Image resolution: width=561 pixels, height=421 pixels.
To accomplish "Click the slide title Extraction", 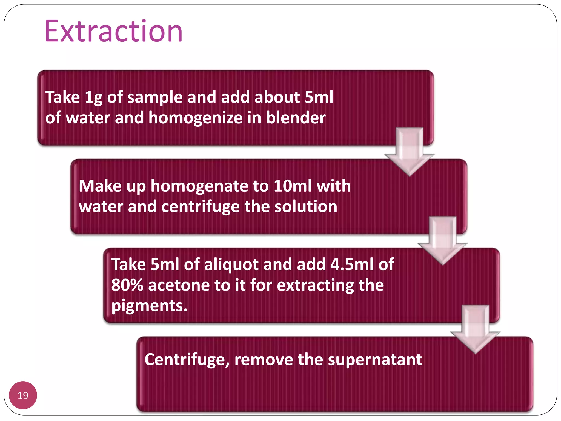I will (x=113, y=31).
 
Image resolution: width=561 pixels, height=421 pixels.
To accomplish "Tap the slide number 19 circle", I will (x=23, y=395).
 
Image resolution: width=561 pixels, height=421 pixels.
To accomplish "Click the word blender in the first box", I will (x=296, y=118).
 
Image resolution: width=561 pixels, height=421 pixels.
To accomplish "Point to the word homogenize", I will (x=196, y=118).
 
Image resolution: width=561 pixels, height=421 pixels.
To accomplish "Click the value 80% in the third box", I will (x=127, y=285).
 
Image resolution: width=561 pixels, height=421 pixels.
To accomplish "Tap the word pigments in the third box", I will (x=149, y=306).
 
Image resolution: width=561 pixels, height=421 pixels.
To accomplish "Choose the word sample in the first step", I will (x=155, y=98).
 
